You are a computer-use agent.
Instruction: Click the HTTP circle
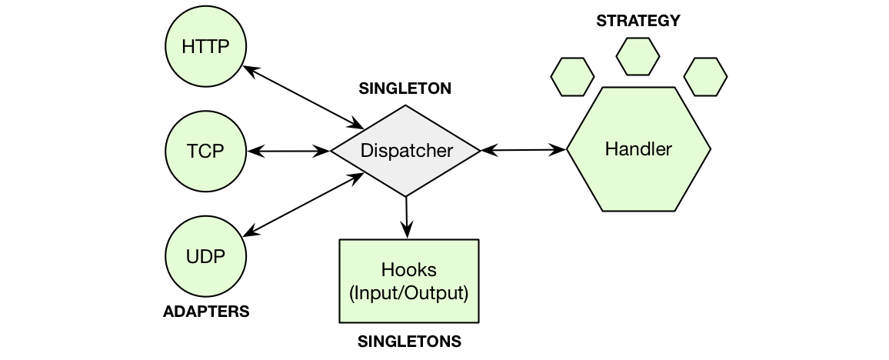pyautogui.click(x=205, y=47)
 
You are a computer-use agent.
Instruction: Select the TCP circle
pyautogui.click(x=205, y=151)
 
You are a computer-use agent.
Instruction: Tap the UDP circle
pyautogui.click(x=205, y=256)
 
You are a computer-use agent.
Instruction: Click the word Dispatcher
pyautogui.click(x=407, y=151)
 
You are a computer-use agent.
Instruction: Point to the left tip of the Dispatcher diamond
pyautogui.click(x=334, y=151)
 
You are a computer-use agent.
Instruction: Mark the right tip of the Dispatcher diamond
pyautogui.click(x=478, y=151)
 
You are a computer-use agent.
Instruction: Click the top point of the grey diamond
pyautogui.click(x=405, y=107)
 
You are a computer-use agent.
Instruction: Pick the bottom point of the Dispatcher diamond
pyautogui.click(x=405, y=195)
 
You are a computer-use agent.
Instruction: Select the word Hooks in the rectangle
pyautogui.click(x=408, y=270)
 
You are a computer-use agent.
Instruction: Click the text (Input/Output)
pyautogui.click(x=408, y=293)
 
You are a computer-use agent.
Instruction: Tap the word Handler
pyautogui.click(x=638, y=149)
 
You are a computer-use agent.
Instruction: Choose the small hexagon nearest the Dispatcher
pyautogui.click(x=572, y=77)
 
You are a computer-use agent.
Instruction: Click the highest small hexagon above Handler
pyautogui.click(x=638, y=56)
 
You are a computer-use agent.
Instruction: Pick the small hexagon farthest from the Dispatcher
pyautogui.click(x=705, y=77)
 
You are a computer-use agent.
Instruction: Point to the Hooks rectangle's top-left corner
pyautogui.click(x=341, y=242)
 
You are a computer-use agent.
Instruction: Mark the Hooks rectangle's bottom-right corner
pyautogui.click(x=477, y=320)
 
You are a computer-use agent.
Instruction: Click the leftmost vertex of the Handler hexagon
pyautogui.click(x=569, y=149)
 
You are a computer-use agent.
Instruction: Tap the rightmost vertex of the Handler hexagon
pyautogui.click(x=708, y=149)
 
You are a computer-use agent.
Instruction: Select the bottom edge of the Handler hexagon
pyautogui.click(x=638, y=209)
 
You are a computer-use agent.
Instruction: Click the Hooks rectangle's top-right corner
pyautogui.click(x=477, y=242)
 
